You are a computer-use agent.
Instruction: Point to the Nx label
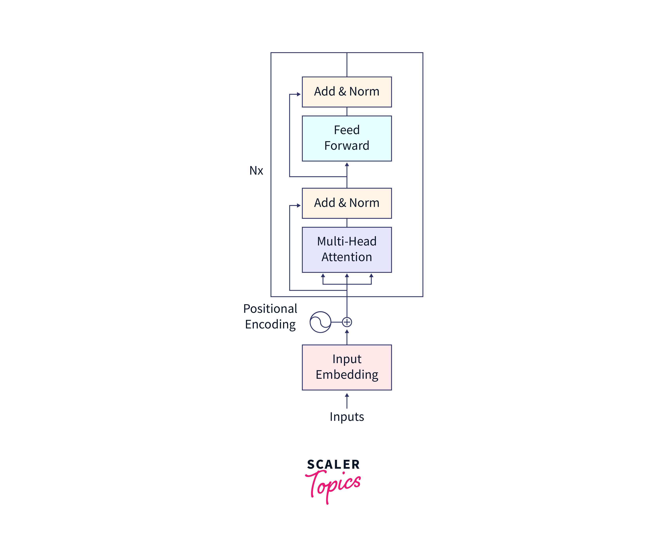(x=256, y=170)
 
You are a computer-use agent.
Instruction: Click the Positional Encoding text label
(x=270, y=316)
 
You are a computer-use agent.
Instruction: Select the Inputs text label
(x=347, y=417)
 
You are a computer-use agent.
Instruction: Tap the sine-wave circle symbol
(x=320, y=322)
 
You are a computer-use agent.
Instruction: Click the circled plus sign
(x=347, y=322)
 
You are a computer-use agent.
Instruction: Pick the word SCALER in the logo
(x=333, y=464)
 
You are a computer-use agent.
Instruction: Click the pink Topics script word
(x=333, y=485)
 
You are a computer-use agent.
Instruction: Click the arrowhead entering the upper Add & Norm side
(x=299, y=94)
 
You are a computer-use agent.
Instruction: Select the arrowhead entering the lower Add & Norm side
(x=299, y=206)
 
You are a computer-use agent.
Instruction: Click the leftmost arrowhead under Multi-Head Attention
(x=323, y=275)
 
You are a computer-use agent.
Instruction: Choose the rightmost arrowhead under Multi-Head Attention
(x=371, y=275)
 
